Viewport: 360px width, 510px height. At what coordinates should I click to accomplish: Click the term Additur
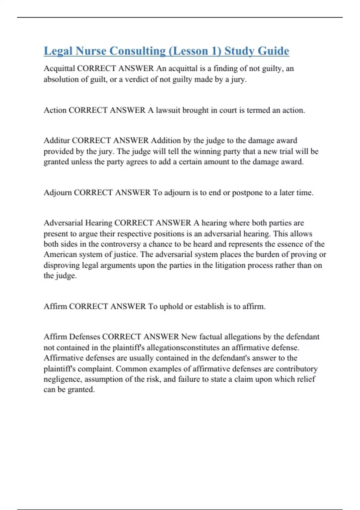click(57, 140)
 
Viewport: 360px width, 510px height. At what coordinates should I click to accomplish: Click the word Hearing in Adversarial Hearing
click(99, 223)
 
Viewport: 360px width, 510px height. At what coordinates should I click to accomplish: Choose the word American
click(60, 255)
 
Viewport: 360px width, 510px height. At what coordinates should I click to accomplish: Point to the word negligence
click(62, 379)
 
